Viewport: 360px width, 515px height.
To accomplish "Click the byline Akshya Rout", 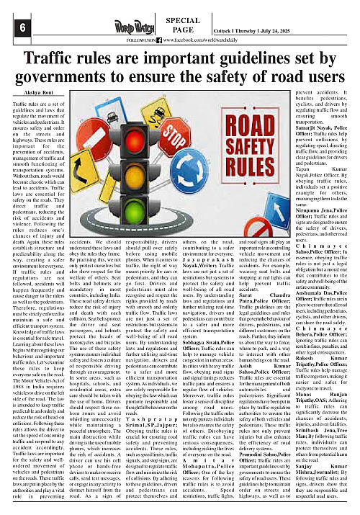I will tap(28, 94).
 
